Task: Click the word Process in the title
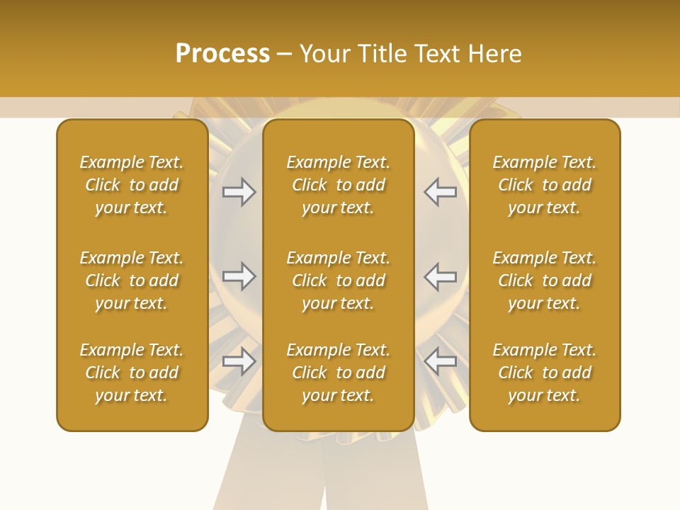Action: coord(222,54)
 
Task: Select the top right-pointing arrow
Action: coord(239,192)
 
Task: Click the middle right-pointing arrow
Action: coord(239,276)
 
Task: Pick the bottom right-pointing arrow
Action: coord(239,361)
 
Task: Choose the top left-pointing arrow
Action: coord(440,192)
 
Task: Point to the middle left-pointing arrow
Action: coord(440,276)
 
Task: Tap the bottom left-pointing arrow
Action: coord(440,361)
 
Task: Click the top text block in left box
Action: coord(132,185)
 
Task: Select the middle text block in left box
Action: coord(132,280)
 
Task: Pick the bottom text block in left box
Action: coord(132,373)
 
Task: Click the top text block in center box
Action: coord(338,185)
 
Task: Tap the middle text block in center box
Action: coord(338,280)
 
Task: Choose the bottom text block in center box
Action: coord(338,373)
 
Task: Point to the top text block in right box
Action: coord(544,185)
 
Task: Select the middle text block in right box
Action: coord(544,280)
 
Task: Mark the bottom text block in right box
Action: coord(544,373)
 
